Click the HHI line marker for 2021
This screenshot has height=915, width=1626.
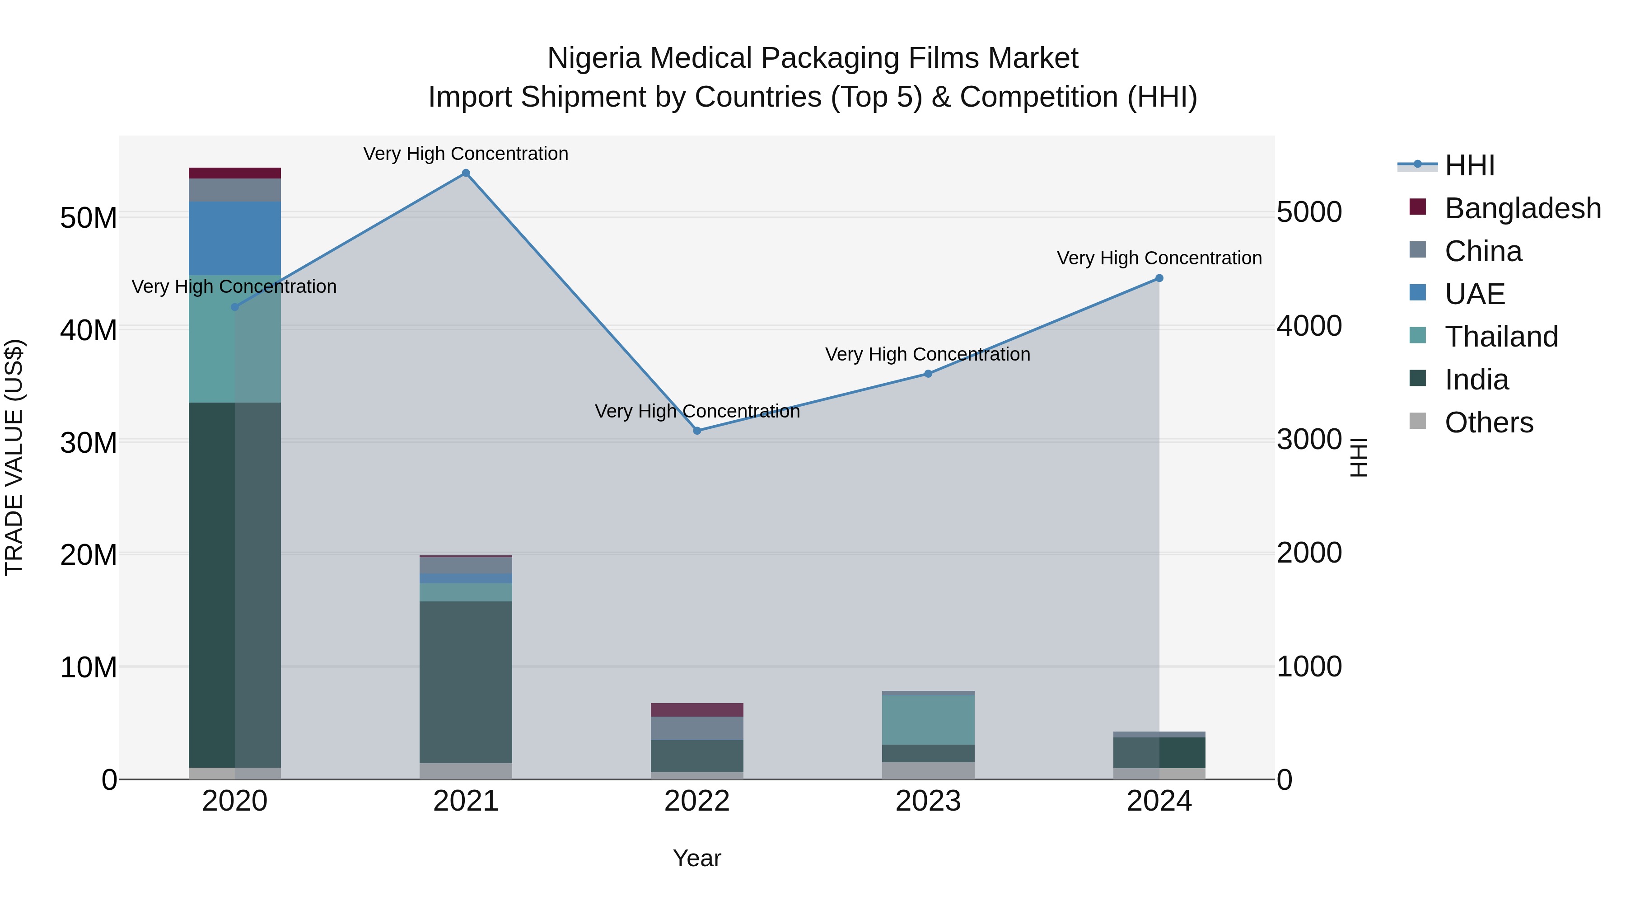pos(466,173)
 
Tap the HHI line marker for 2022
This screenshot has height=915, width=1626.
pos(697,431)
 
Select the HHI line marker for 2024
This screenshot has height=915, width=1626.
pos(1159,278)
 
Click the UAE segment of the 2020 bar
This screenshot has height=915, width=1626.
pos(235,238)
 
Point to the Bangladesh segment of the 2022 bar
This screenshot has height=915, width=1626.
pos(697,710)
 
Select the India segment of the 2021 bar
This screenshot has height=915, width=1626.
pos(466,682)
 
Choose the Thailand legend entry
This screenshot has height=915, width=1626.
pos(1501,337)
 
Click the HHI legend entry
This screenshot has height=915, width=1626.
pos(1469,165)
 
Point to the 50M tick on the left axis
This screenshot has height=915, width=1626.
pos(89,218)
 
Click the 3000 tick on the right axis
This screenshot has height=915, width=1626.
pos(1309,440)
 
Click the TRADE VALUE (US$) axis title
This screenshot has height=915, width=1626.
pos(14,457)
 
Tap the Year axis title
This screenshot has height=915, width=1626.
pos(697,858)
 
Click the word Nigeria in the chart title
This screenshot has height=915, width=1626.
pos(594,58)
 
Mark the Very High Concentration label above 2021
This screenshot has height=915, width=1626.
pos(466,154)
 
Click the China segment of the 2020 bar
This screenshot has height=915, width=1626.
pos(235,190)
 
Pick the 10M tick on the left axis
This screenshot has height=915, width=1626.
pos(89,667)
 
